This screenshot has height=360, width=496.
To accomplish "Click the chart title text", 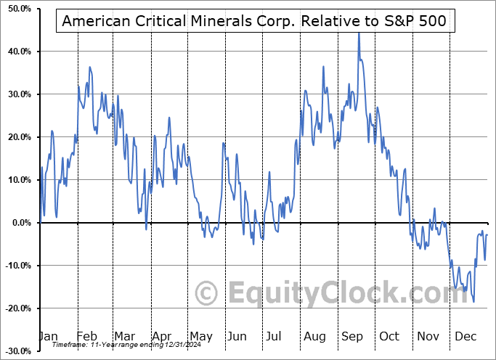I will tap(256, 20).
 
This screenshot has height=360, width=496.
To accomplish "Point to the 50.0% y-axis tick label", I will tap(17, 9).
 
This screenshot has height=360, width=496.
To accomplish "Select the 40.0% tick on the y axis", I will tap(17, 52).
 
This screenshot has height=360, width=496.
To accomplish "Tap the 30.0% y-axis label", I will tap(17, 94).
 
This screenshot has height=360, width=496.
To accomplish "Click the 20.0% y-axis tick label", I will tap(17, 137).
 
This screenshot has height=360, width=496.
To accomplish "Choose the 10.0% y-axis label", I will tap(17, 180).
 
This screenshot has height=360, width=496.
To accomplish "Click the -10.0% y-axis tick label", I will tap(16, 266).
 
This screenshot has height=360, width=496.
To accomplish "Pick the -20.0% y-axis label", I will tap(16, 308).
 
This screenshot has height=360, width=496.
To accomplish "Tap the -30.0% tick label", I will tap(16, 351).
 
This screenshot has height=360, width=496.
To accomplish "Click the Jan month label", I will tap(47, 336).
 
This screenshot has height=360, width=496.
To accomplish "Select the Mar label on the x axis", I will tap(125, 336).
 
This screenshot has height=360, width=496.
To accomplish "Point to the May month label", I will tap(201, 336).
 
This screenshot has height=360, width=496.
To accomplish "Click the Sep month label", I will tap(354, 336).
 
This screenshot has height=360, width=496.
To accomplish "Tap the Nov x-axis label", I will tap(429, 336).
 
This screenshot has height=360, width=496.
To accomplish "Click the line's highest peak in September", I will tap(358, 33).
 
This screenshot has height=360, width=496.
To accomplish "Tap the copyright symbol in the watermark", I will tap(207, 293).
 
